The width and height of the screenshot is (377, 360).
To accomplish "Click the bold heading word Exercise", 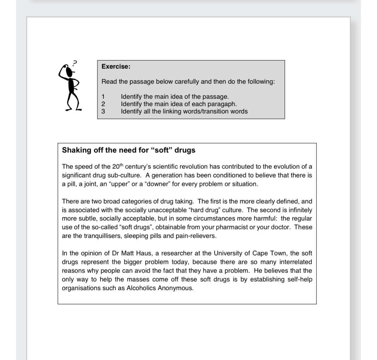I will pyautogui.click(x=116, y=66).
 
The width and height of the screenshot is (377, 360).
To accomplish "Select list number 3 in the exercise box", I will pyautogui.click(x=103, y=111).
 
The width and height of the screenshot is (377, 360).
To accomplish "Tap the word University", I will pyautogui.click(x=222, y=253).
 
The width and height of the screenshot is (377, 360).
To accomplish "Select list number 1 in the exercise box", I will pyautogui.click(x=103, y=97).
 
